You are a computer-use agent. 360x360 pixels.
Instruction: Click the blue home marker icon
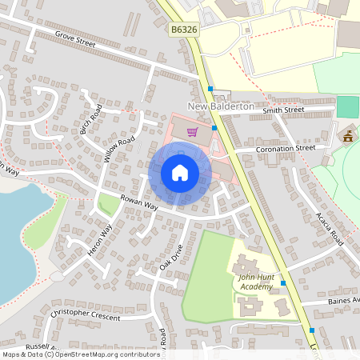[x=180, y=173]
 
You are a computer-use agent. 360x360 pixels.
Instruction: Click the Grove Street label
[x=76, y=40]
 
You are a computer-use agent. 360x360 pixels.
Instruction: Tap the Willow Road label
[x=119, y=150]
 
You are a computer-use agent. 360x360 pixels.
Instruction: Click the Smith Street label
[x=283, y=110]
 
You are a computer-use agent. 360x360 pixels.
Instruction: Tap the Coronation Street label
[x=286, y=149]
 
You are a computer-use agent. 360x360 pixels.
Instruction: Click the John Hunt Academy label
[x=255, y=282]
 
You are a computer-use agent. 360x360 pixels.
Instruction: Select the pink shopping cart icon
[x=192, y=132]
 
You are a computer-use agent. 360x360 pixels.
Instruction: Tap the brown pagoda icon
[x=348, y=136]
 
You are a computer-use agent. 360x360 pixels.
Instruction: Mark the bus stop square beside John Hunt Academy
[x=284, y=283]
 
